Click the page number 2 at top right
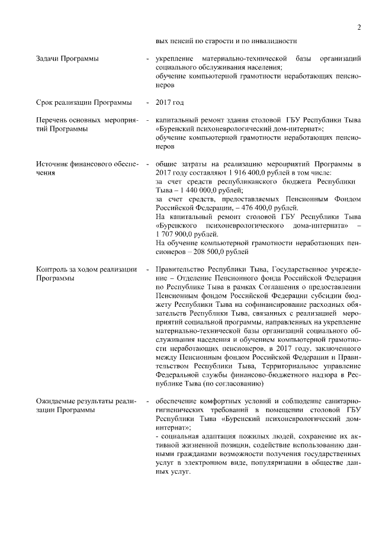(x=359, y=27)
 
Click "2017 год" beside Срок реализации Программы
(x=169, y=102)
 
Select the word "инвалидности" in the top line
(x=272, y=41)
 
